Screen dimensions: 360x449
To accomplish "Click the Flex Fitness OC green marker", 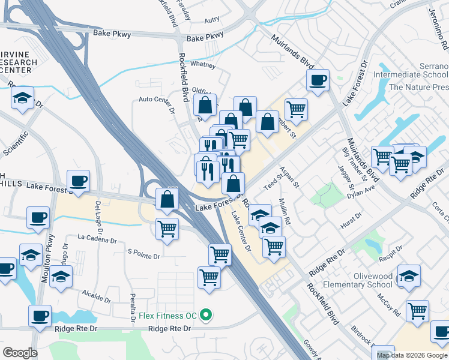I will click(x=206, y=315).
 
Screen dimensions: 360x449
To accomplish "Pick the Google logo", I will click(x=20, y=353).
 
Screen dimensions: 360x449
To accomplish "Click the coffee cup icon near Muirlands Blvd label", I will click(x=318, y=80).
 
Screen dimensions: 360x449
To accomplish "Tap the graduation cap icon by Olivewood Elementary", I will click(x=409, y=275).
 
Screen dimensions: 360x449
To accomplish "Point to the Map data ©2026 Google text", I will click(x=411, y=355).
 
